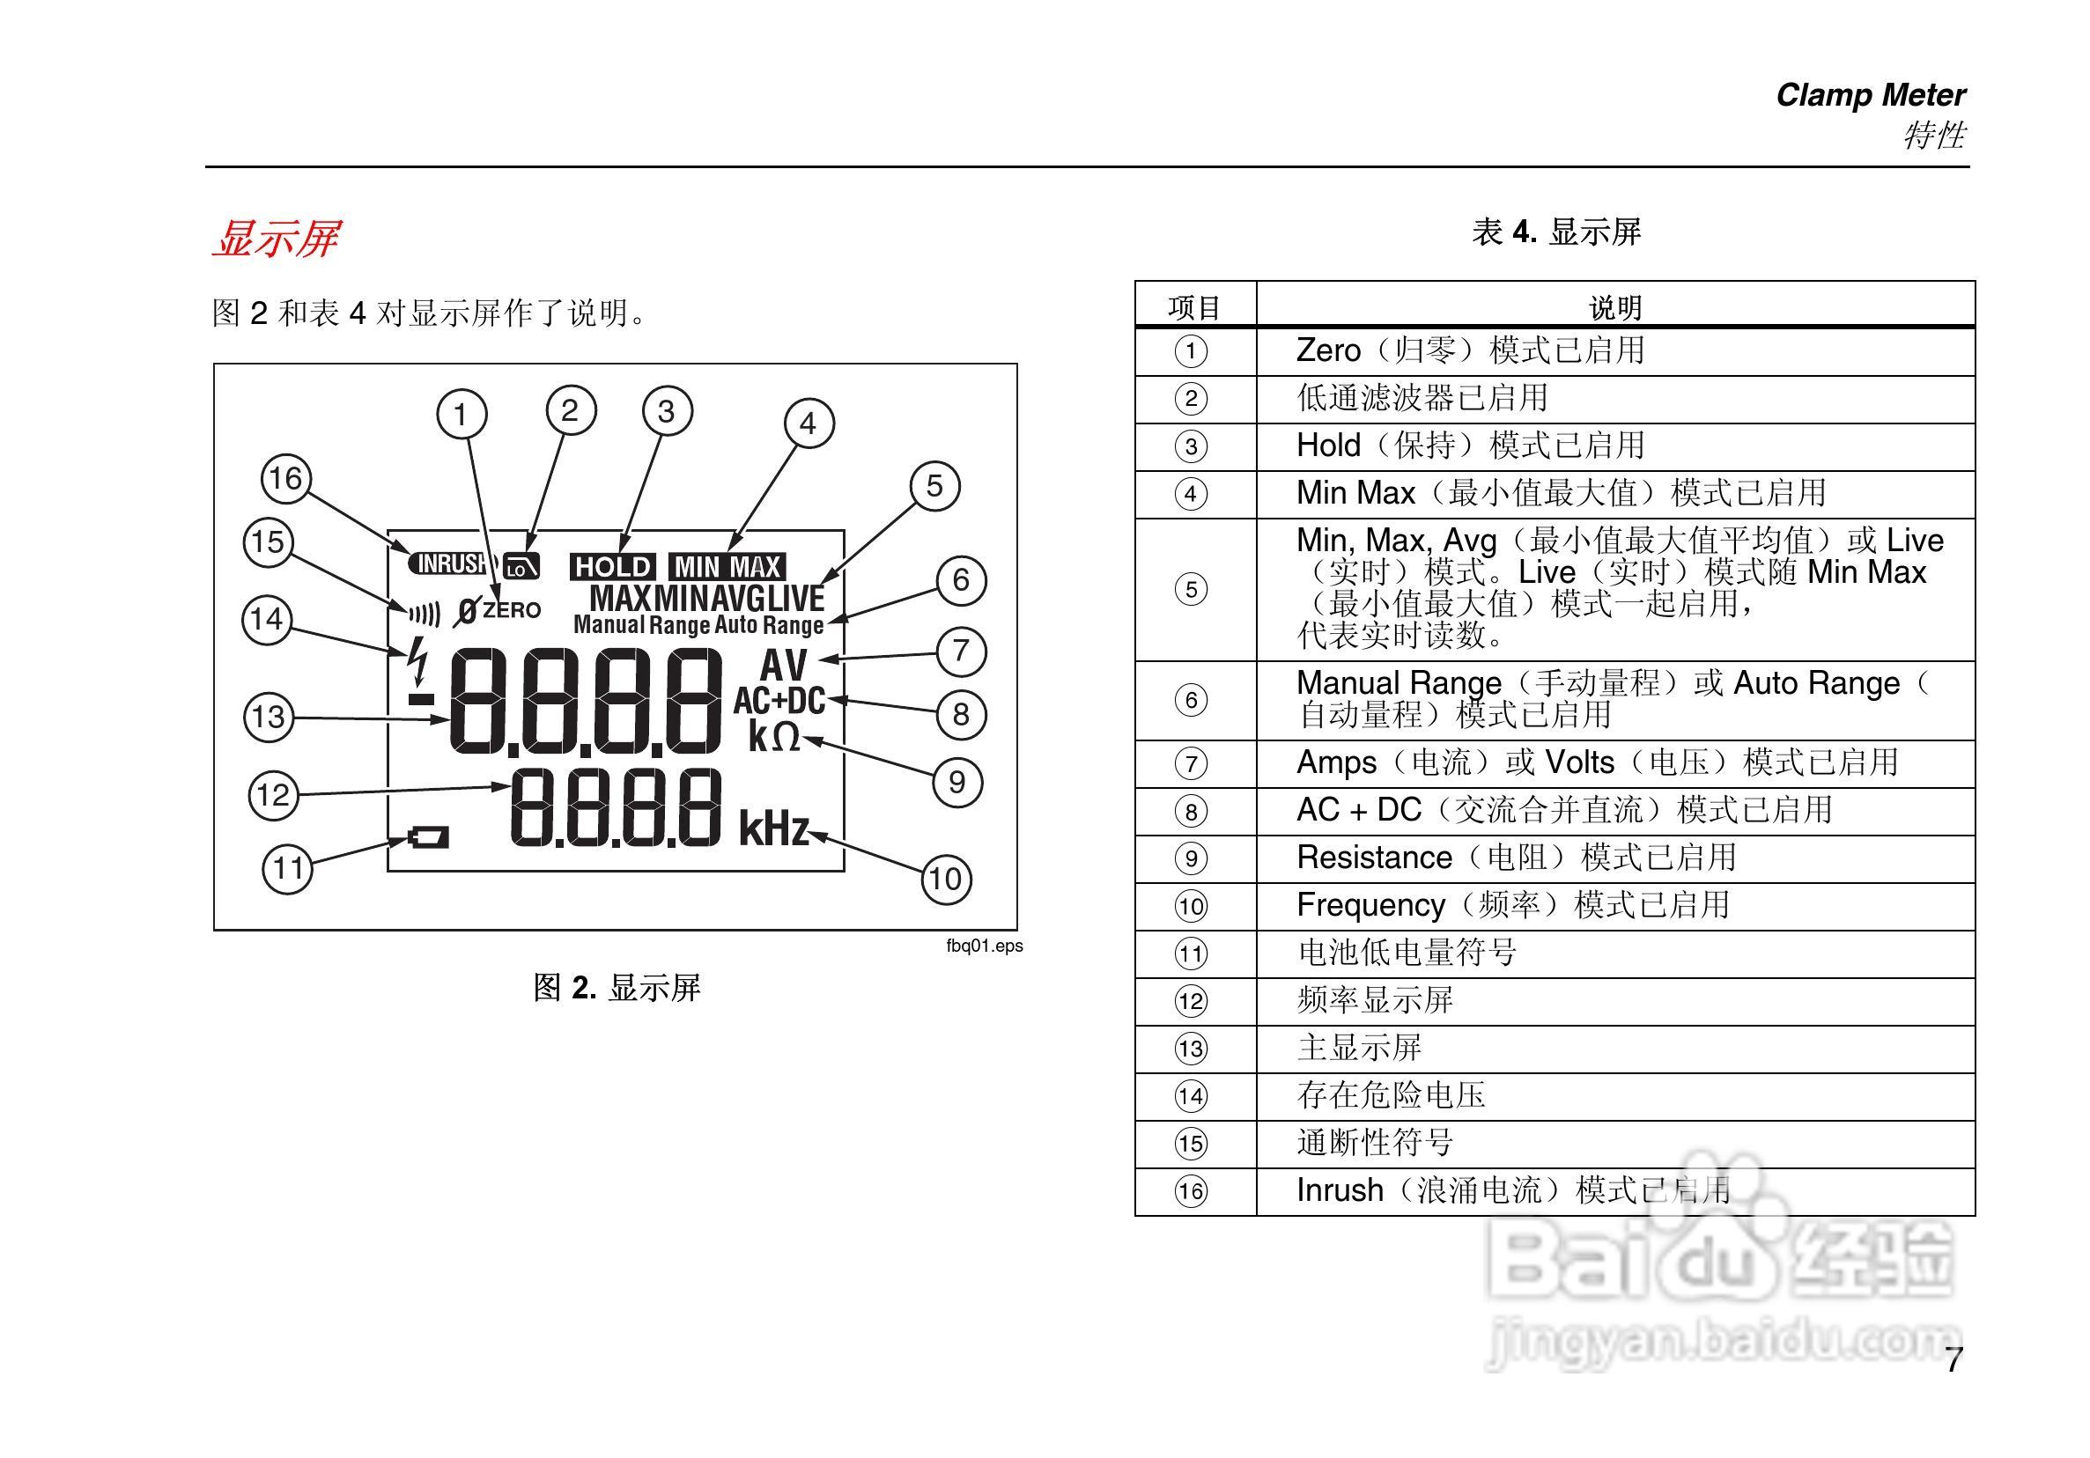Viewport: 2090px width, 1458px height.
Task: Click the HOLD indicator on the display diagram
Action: pos(613,567)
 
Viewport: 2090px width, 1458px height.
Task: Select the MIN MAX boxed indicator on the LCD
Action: pos(727,567)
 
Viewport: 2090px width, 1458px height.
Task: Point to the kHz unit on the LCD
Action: pos(774,829)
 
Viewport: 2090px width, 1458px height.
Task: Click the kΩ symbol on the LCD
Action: pos(774,736)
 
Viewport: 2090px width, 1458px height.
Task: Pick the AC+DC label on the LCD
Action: pos(779,701)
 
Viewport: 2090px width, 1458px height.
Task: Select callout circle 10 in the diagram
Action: pos(945,880)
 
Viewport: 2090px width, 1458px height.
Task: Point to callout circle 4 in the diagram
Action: pos(809,423)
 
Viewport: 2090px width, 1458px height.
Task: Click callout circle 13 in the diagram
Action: pos(269,718)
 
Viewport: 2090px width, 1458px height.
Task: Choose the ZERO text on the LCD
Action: pos(512,610)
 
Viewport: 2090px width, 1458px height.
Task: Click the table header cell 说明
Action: pos(1614,307)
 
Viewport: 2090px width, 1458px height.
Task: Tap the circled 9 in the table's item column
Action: pos(1191,858)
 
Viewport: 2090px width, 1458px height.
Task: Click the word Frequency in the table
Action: pos(1370,905)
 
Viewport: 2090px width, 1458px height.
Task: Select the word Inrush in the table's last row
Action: pos(1339,1190)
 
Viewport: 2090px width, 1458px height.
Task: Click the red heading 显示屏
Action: pos(276,239)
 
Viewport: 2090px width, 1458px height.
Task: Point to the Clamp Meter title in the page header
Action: pos(1870,96)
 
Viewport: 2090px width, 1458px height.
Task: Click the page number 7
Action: pos(1953,1360)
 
